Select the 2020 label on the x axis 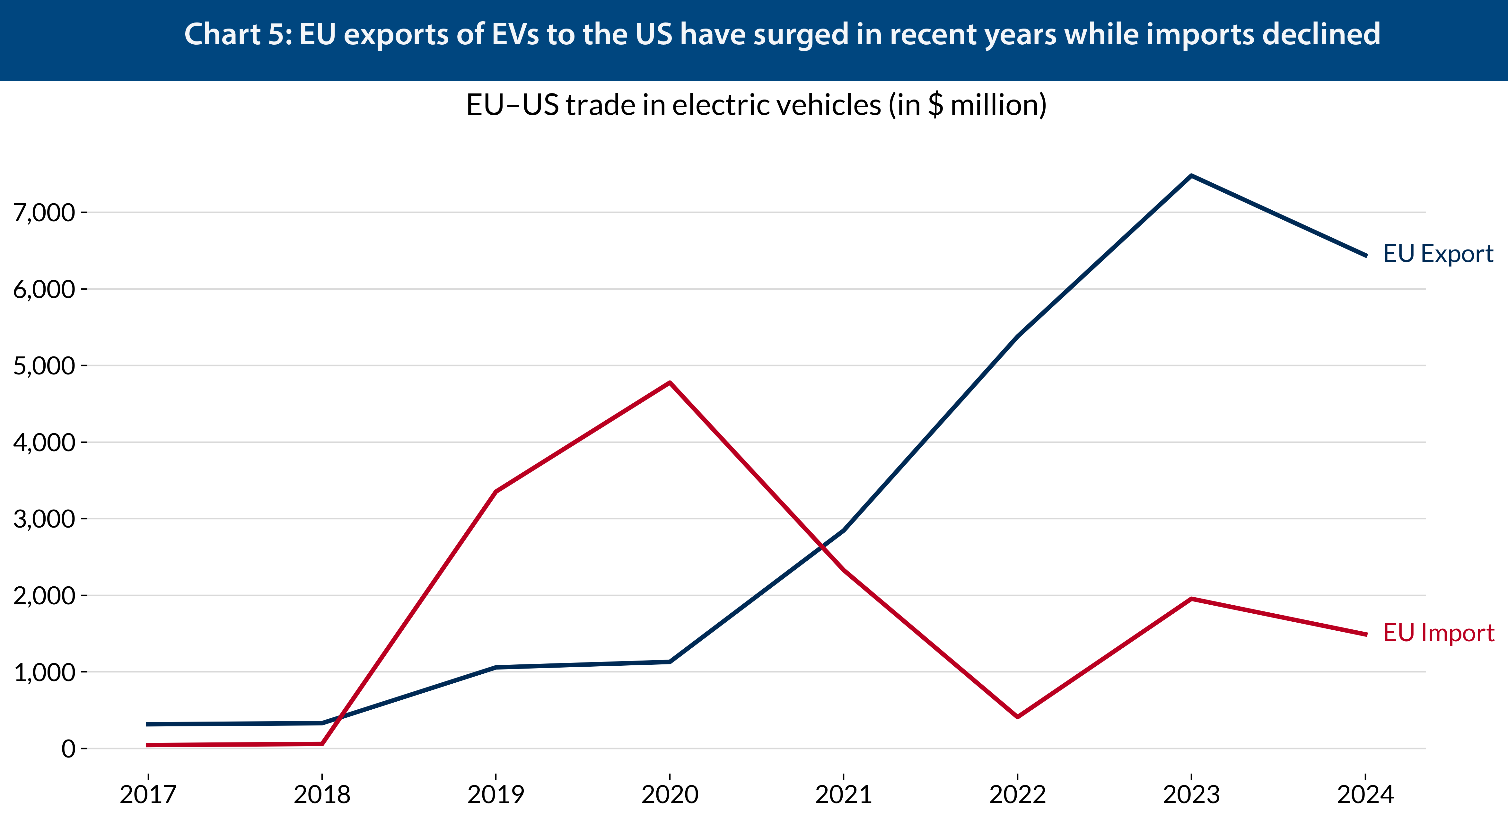coord(670,794)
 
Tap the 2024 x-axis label coord(1366,794)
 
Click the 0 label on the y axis coord(68,749)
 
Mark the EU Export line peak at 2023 coord(1191,176)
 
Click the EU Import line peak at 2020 coord(670,383)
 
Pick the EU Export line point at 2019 coord(496,668)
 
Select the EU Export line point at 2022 coord(1017,337)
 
